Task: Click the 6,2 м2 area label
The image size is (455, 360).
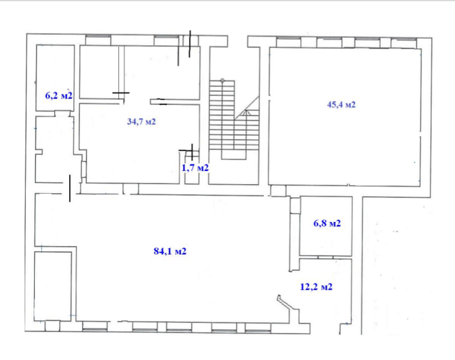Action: click(x=59, y=95)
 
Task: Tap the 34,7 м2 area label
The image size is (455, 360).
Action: click(x=141, y=122)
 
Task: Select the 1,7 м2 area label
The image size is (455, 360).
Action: click(x=195, y=167)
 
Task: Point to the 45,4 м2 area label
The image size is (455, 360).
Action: click(x=341, y=104)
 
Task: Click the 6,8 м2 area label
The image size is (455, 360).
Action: click(x=327, y=223)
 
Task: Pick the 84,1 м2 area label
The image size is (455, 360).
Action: click(x=170, y=251)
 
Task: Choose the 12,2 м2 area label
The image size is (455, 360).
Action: click(x=316, y=287)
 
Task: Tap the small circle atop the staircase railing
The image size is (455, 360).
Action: click(x=222, y=80)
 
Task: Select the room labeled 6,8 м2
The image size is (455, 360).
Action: click(x=326, y=226)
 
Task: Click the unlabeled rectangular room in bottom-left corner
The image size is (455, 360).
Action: click(x=53, y=286)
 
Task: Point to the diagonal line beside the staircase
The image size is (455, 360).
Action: click(x=247, y=107)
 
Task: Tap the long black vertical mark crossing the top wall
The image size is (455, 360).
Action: click(x=190, y=44)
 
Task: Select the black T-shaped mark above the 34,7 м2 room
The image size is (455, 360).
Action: click(x=121, y=93)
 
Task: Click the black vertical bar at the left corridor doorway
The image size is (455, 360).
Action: click(x=70, y=188)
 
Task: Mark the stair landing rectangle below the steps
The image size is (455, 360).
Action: click(x=234, y=154)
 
